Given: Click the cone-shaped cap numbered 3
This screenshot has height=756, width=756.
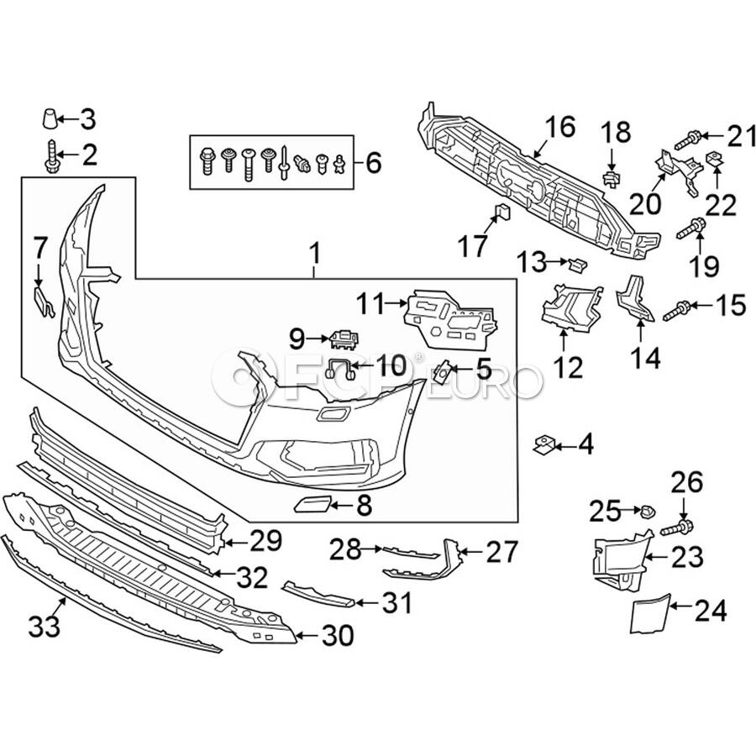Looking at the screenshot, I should pyautogui.click(x=51, y=118).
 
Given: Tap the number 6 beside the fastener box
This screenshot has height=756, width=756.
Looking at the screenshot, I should pyautogui.click(x=372, y=161).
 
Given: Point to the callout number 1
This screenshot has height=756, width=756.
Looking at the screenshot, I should pyautogui.click(x=314, y=250).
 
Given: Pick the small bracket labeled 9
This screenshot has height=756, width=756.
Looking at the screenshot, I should pyautogui.click(x=344, y=338).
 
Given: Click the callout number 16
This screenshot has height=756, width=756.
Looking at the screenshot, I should pyautogui.click(x=560, y=128).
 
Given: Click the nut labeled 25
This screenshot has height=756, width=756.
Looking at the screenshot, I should pyautogui.click(x=645, y=510).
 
